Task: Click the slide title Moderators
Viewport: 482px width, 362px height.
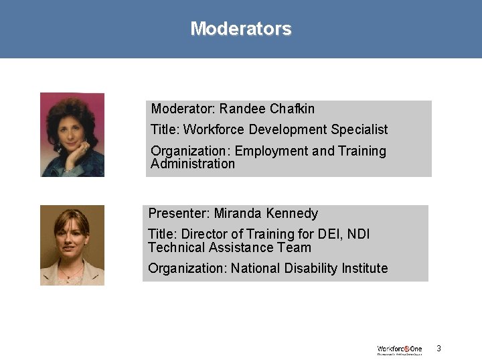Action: click(x=241, y=29)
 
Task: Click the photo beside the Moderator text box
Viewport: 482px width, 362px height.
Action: click(x=72, y=135)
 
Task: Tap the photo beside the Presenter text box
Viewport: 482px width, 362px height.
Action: click(x=72, y=245)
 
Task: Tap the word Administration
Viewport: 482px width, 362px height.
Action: click(x=193, y=164)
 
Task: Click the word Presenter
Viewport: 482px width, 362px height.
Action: click(x=179, y=213)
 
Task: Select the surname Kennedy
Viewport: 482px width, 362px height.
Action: click(x=291, y=213)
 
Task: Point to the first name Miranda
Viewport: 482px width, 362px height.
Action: click(x=238, y=213)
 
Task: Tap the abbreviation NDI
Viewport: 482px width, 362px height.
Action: click(x=358, y=234)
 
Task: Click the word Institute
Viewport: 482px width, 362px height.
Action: click(x=365, y=268)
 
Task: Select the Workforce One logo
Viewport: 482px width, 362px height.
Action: click(x=400, y=349)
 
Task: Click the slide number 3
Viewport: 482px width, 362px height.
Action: click(x=438, y=348)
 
